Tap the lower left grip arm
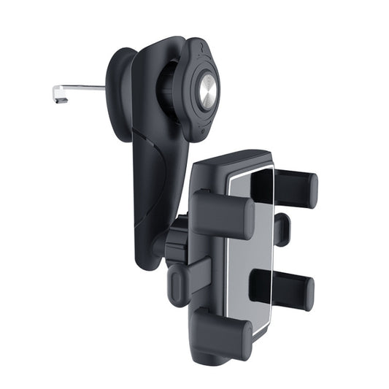pos(219,332)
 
